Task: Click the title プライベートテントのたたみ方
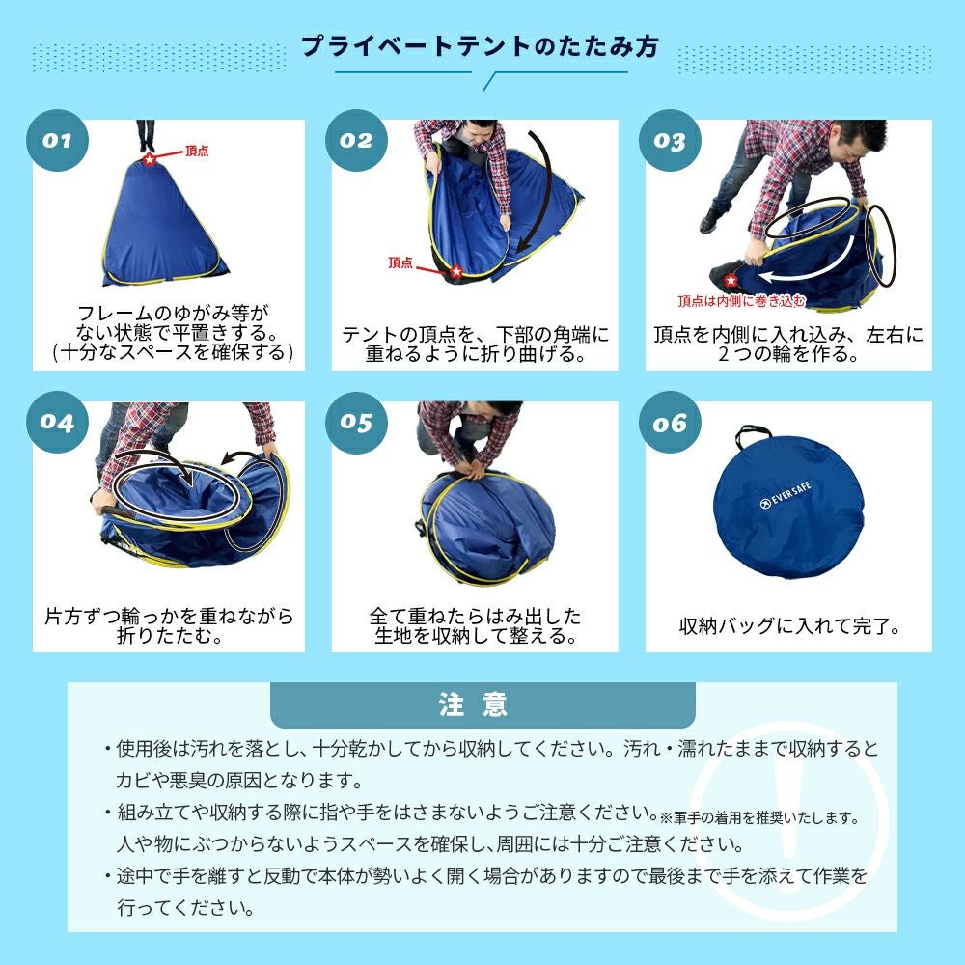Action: coord(480,46)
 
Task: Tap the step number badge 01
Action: coord(57,140)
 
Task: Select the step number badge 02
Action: coord(356,140)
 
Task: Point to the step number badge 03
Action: coord(670,140)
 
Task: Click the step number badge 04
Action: coord(57,423)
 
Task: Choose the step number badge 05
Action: coord(356,423)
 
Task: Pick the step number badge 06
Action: coord(670,423)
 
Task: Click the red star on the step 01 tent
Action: coord(150,159)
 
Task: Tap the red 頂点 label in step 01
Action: coord(197,151)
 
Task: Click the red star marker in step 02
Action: coord(456,271)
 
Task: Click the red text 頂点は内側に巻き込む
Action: coord(741,301)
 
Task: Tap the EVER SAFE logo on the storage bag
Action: coord(786,496)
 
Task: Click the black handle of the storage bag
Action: coord(752,434)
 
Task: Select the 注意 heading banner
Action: coord(482,704)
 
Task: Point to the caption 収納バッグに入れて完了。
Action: coord(789,626)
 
